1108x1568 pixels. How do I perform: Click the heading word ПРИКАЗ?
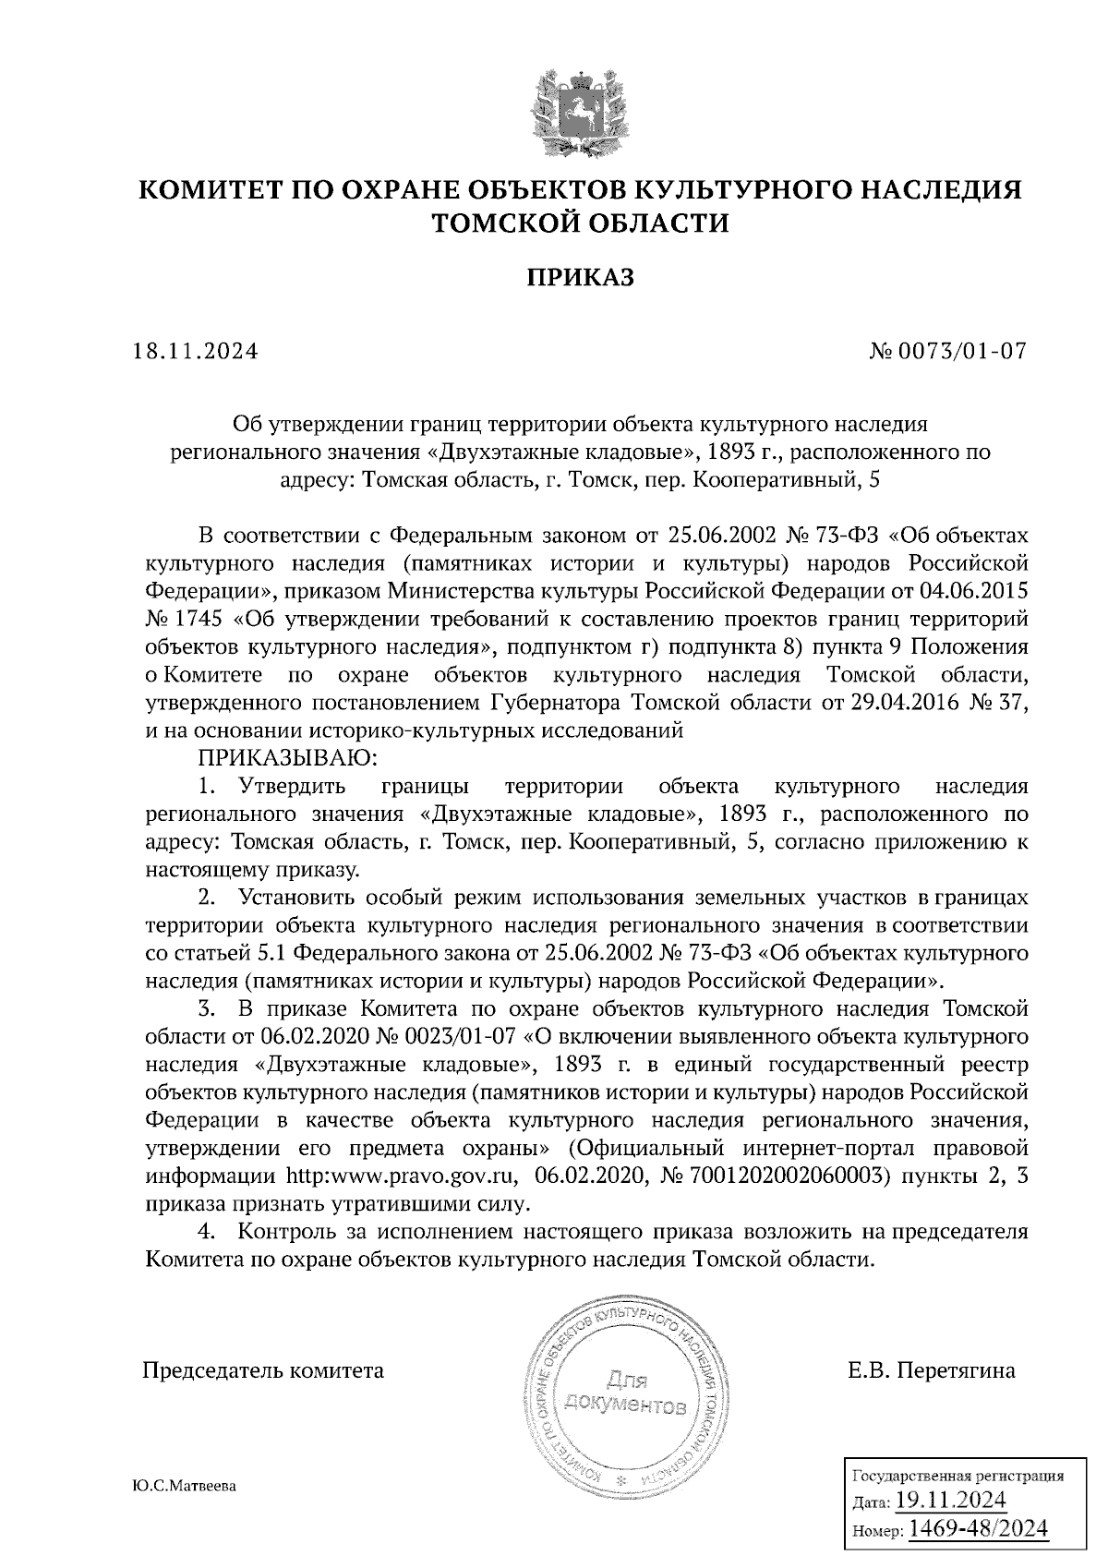pyautogui.click(x=581, y=277)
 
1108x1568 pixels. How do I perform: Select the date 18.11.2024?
pyautogui.click(x=196, y=352)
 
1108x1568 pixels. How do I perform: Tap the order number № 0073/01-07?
pyautogui.click(x=948, y=352)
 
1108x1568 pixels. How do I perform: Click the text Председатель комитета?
pyautogui.click(x=262, y=1369)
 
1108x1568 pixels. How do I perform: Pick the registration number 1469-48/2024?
pyautogui.click(x=979, y=1528)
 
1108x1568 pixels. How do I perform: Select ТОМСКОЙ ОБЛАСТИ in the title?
pyautogui.click(x=581, y=223)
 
